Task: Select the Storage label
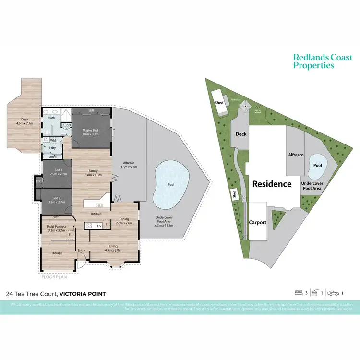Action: [57, 253]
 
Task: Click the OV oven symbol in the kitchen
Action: [99, 225]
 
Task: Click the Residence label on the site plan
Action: [272, 184]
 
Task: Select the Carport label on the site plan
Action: [258, 222]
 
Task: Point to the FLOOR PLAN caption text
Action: [53, 277]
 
